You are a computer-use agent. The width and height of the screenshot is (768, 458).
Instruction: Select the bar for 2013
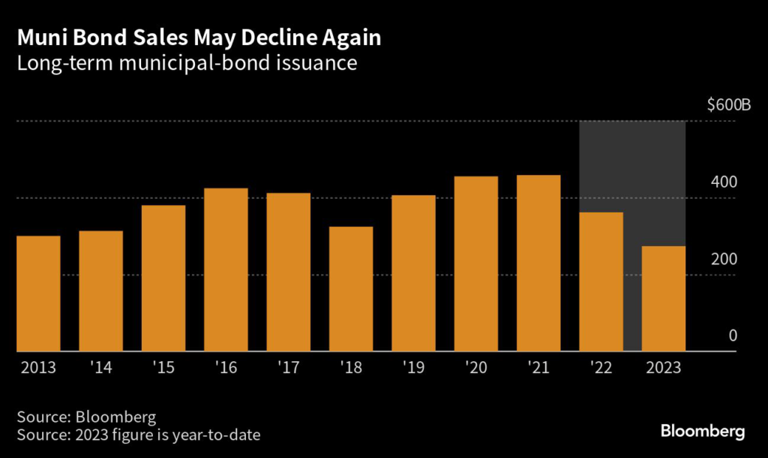click(x=38, y=294)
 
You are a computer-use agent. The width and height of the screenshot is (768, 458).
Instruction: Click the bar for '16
click(x=226, y=270)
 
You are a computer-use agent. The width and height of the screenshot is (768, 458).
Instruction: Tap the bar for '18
click(x=351, y=289)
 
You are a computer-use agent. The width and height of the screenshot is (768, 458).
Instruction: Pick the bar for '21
click(x=538, y=263)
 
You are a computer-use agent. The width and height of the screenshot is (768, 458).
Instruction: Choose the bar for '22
click(x=601, y=282)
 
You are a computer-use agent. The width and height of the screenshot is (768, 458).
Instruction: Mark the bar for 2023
click(x=664, y=299)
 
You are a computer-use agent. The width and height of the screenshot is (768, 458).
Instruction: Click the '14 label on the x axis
click(x=101, y=369)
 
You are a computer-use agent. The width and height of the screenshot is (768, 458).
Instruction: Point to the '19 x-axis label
click(x=414, y=369)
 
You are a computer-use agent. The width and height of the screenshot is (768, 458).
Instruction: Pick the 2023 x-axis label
click(x=664, y=369)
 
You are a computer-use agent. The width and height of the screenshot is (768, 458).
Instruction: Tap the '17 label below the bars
click(x=289, y=369)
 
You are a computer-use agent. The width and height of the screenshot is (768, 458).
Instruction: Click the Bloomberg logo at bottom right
click(x=702, y=431)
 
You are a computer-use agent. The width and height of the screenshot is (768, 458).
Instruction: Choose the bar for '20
click(x=476, y=264)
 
